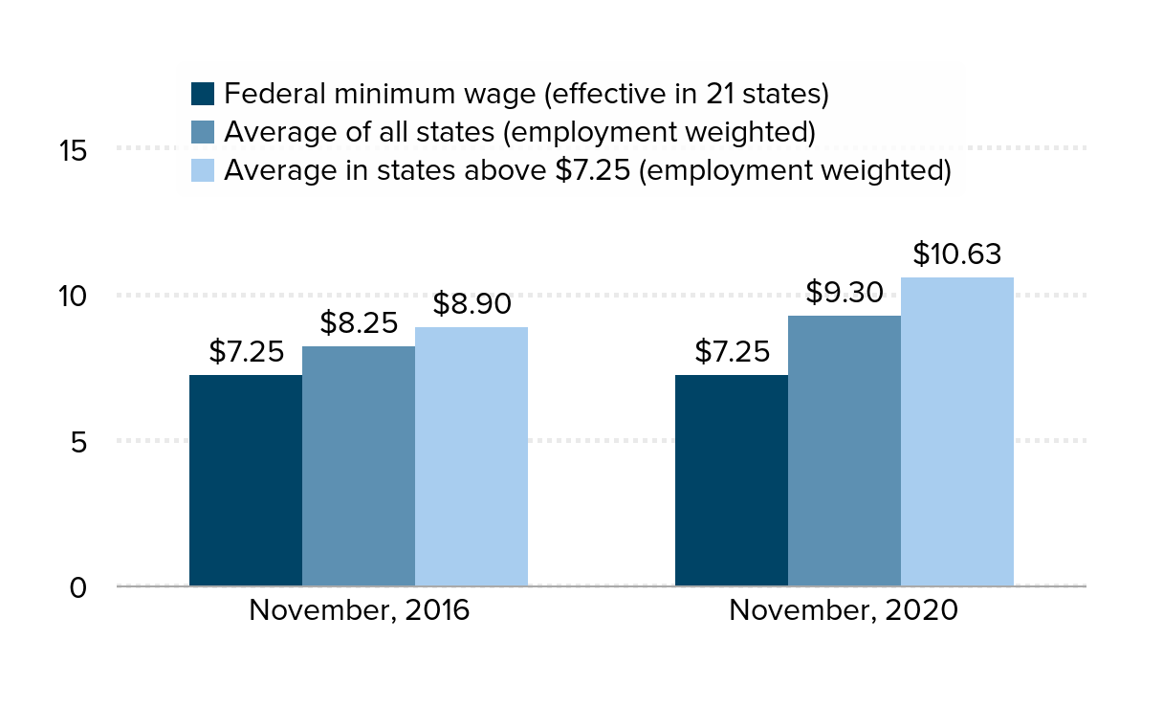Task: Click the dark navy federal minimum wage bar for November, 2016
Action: tap(246, 480)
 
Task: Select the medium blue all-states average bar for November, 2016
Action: tap(359, 466)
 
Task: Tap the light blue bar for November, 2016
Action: tap(472, 456)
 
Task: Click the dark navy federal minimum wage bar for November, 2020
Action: tap(732, 480)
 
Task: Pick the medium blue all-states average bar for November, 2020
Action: tap(845, 451)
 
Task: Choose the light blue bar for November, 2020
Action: tap(957, 431)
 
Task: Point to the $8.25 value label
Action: tap(359, 323)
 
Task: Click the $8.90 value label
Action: tap(472, 304)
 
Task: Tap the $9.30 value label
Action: tap(845, 293)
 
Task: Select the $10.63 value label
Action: tap(957, 254)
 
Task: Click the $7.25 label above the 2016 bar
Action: tap(246, 352)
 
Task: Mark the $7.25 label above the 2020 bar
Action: tap(732, 352)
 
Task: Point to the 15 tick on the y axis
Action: tap(73, 151)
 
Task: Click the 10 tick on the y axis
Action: tap(73, 297)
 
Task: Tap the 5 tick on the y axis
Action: tap(79, 442)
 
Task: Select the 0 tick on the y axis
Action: tap(79, 587)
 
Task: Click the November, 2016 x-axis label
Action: tap(360, 611)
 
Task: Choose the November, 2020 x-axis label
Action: tap(844, 611)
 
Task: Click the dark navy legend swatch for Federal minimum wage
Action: tap(203, 94)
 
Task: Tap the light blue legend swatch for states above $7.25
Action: tap(203, 170)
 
